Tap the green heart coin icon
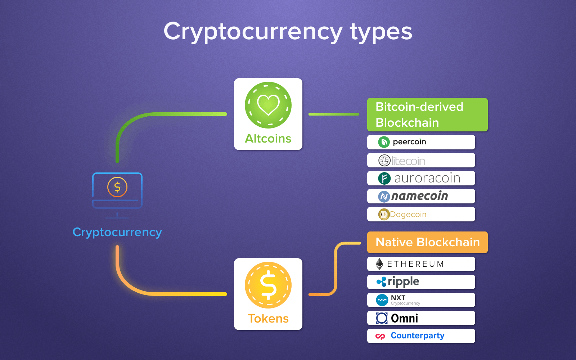point(268,105)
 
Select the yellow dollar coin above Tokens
point(268,285)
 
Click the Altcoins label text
point(268,139)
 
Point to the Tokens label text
point(268,319)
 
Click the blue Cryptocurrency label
point(117,233)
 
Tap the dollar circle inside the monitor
point(117,187)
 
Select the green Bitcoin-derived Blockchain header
point(427,115)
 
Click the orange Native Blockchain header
point(427,242)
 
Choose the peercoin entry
point(421,142)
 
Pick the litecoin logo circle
point(384,161)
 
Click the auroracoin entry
point(421,178)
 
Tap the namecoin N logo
point(384,197)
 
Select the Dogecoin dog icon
point(384,215)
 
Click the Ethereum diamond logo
point(379,264)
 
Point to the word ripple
point(404,282)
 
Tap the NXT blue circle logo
point(382,300)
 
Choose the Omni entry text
point(405,318)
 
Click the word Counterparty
point(418,336)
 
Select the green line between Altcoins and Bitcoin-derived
point(334,114)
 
